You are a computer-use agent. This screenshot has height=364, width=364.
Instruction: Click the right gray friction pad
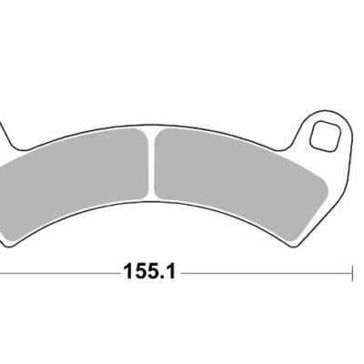click(237, 173)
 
